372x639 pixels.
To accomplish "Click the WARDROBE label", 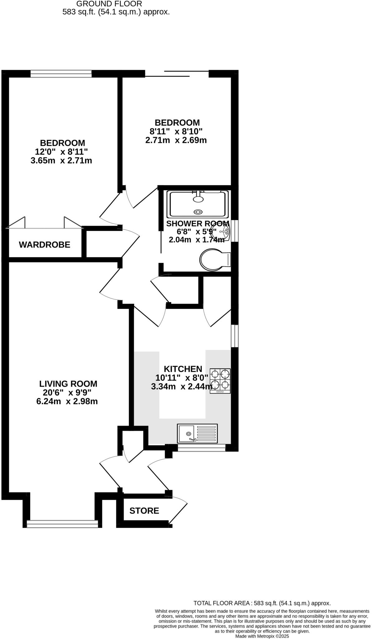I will pos(45,245).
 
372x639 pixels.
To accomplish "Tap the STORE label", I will pos(144,510).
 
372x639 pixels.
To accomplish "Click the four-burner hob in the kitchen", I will pos(220,380).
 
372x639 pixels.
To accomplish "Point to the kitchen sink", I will pos(197,433).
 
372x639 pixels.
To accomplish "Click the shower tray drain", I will pos(198,212).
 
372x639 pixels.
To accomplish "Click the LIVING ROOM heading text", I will pos(68,383).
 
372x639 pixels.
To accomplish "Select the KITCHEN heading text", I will pos(183,369).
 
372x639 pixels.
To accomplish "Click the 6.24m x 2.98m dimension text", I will pos(67,401).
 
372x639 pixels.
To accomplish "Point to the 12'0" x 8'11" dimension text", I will pos(61,152).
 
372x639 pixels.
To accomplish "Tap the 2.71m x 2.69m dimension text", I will pos(176,140).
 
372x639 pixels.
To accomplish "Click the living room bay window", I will pos(62,524).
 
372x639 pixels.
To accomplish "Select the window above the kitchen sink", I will pos(201,448).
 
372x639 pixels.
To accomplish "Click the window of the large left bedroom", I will pos(61,74).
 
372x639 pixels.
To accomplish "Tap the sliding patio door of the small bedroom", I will pos(177,74).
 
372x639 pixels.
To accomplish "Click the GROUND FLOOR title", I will pos(109,4).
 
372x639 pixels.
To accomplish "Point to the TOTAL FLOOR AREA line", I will pos(262,603).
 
